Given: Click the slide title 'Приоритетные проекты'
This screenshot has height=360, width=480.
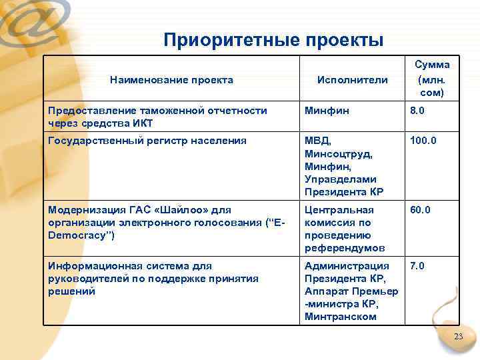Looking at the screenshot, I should tap(273, 40).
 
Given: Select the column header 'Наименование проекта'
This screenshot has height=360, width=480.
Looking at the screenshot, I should tap(171, 80).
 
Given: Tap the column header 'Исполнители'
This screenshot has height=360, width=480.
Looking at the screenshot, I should tap(352, 80).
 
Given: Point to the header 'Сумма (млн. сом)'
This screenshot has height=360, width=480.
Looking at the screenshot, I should tap(432, 79).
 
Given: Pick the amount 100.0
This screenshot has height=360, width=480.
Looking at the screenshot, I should tap(424, 141).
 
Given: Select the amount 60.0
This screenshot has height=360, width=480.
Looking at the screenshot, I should tap(421, 210).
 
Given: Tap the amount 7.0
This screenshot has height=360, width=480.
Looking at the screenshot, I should tap(418, 266).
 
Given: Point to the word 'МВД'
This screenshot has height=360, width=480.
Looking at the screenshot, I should tap(317, 141).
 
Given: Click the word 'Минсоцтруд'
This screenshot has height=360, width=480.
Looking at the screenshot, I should tap(339, 154).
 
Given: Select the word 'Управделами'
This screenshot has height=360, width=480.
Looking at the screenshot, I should tap(341, 179).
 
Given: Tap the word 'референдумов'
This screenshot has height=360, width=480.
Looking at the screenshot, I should tap(345, 248).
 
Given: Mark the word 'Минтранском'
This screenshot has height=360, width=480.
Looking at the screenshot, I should tap(341, 317).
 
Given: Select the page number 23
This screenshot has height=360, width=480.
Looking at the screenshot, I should tap(458, 337).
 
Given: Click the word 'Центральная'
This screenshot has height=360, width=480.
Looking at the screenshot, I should tap(339, 210).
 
